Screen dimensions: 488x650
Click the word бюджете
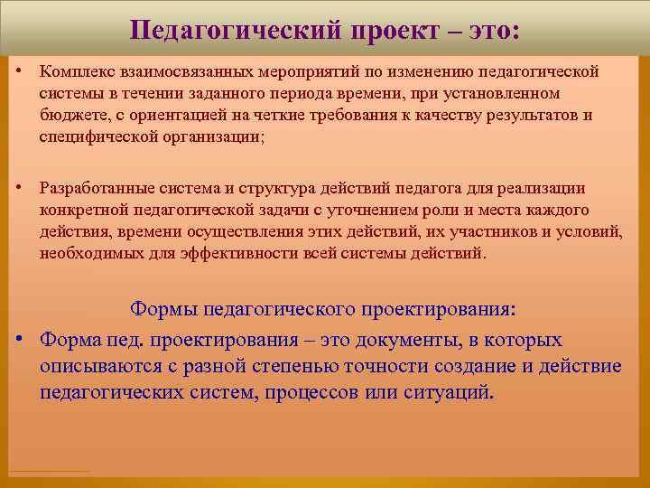click(x=70, y=116)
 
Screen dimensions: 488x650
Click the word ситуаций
click(x=444, y=393)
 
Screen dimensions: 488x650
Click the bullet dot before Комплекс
click(x=19, y=70)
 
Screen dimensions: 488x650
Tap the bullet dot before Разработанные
click(x=19, y=188)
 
